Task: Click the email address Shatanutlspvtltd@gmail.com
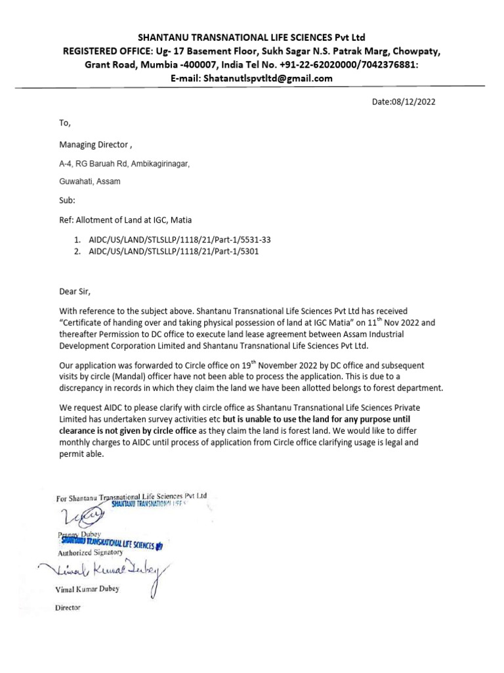(x=268, y=78)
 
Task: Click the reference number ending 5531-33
(x=180, y=240)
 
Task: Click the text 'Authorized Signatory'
(x=90, y=553)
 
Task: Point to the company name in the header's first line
(x=251, y=37)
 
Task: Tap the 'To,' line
(x=64, y=122)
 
